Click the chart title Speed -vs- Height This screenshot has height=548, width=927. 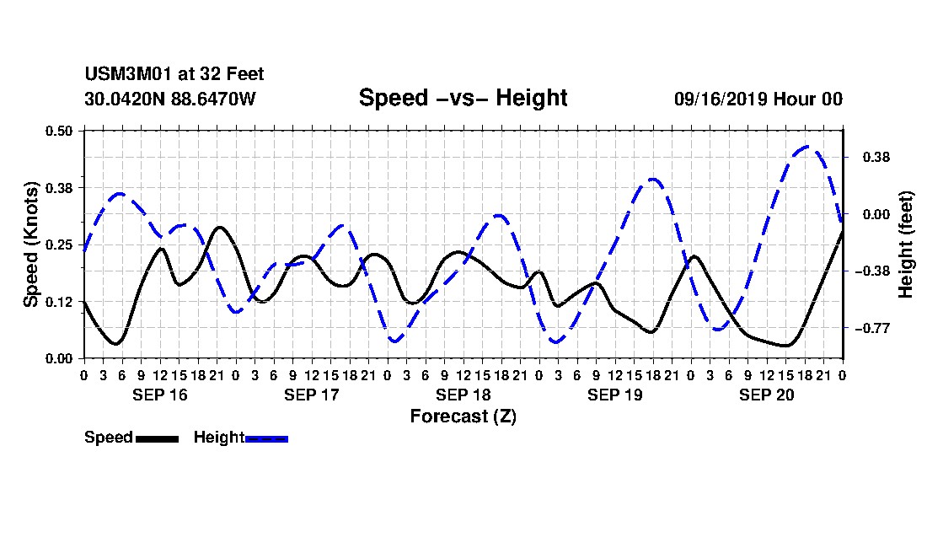click(463, 98)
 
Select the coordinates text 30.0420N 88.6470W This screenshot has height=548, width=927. click(170, 99)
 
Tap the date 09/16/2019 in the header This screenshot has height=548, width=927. click(721, 99)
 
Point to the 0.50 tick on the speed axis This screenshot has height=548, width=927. click(58, 131)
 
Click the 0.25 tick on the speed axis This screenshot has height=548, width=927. click(58, 244)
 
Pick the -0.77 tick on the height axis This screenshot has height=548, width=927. click(872, 328)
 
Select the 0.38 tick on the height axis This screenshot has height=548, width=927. click(876, 158)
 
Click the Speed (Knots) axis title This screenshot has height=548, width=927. click(30, 244)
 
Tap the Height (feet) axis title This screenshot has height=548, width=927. click(906, 244)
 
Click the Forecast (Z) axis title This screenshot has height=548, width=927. click(463, 416)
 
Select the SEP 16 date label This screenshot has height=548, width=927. click(159, 395)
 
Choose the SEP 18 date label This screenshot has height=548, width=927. click(463, 395)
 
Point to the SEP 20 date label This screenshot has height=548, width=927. click(767, 395)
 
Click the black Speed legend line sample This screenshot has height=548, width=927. click(158, 438)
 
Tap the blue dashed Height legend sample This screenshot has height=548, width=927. click(266, 438)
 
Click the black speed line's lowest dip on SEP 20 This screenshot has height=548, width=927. click(786, 346)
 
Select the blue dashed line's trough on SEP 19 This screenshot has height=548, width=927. click(556, 341)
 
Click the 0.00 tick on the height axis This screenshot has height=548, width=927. click(876, 214)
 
